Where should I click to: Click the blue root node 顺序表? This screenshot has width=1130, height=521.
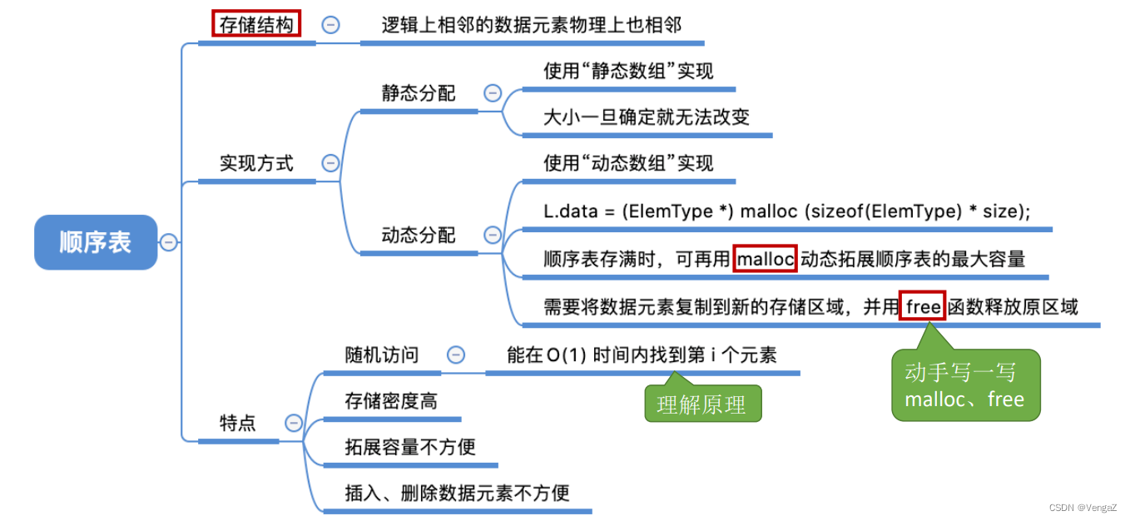[96, 242]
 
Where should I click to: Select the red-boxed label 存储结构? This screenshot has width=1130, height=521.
[255, 25]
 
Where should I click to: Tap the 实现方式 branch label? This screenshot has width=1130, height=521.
[256, 163]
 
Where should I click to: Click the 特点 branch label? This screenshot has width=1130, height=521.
[237, 423]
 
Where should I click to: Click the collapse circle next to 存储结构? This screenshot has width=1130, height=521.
[330, 25]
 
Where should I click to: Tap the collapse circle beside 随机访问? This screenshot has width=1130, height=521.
[456, 355]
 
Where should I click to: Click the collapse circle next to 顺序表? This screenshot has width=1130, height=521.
[169, 242]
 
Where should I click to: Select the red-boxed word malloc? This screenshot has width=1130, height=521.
[766, 259]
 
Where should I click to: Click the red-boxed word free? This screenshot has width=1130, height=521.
[923, 307]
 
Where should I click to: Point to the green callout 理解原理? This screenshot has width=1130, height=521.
[702, 405]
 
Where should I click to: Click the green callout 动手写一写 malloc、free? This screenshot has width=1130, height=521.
[964, 386]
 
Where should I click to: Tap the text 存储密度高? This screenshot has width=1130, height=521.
[391, 401]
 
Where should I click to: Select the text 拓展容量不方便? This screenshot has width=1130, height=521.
[410, 447]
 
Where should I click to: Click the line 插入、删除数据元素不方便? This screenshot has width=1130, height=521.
[457, 493]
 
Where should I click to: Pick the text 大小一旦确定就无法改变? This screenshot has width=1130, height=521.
[647, 117]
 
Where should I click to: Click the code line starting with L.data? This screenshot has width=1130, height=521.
[786, 211]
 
